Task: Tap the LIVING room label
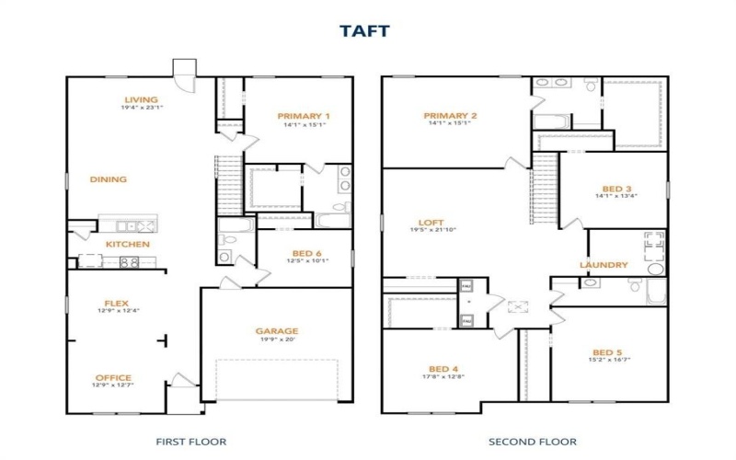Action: coord(142,100)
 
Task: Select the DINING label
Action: coord(109,179)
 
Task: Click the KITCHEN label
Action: coord(128,244)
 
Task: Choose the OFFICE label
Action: coord(113,377)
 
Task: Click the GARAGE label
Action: coord(277,330)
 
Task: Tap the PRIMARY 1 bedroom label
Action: coord(304,116)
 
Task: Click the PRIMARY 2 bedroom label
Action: coord(449,116)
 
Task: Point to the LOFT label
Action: coord(431,223)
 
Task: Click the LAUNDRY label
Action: coord(604,265)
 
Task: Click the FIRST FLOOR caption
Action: coord(191,442)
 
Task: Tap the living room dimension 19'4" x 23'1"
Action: coord(142,109)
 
